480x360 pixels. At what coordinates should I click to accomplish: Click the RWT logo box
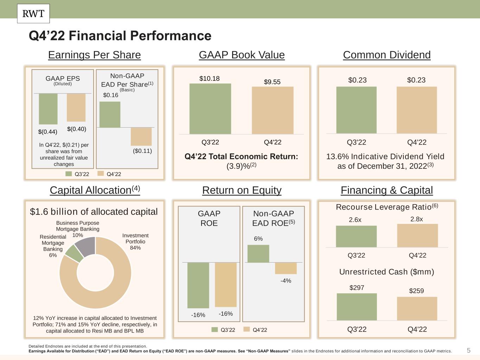point(33,14)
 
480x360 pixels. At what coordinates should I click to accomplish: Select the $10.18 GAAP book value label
point(209,78)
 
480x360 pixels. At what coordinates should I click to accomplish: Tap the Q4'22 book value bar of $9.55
point(273,110)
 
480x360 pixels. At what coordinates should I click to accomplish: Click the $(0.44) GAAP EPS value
point(48,131)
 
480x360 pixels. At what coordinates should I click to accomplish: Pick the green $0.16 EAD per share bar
point(110,115)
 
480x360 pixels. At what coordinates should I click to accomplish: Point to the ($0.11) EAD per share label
point(142,151)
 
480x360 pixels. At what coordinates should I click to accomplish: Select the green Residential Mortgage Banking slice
point(74,254)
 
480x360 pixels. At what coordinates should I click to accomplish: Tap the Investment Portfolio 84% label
point(135,242)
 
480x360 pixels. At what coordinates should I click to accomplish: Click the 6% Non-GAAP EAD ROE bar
point(258,253)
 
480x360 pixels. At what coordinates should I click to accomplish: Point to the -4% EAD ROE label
point(286,281)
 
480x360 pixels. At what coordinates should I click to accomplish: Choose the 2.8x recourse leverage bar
point(417,236)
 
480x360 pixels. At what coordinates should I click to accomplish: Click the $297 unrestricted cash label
point(357,288)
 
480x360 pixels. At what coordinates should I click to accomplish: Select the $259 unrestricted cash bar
point(417,309)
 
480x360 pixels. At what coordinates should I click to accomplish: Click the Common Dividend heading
point(386,55)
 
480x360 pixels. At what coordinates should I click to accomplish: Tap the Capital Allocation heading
point(95,190)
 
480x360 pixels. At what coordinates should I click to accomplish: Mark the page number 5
point(469,351)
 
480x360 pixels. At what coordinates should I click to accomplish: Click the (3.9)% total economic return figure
point(242,166)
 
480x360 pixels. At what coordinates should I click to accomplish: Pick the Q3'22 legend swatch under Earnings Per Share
point(69,174)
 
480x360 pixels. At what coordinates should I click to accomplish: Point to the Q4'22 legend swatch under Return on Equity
point(247,329)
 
